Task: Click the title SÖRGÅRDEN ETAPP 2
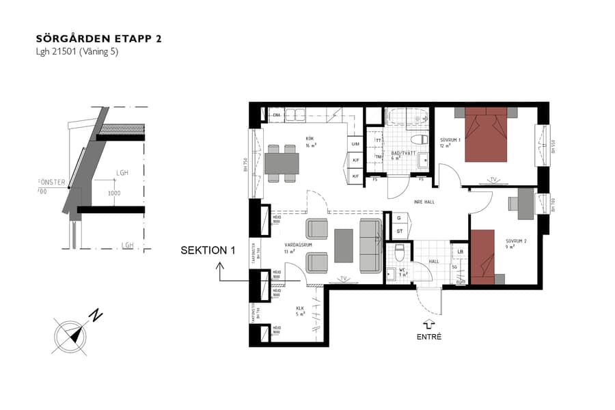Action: pos(98,38)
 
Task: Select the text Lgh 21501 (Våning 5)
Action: pos(77,52)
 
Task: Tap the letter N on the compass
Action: pos(97,316)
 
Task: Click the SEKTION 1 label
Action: pos(207,251)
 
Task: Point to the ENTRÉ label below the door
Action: pos(428,337)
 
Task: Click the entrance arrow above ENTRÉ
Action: pos(428,324)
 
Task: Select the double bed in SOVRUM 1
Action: pos(486,135)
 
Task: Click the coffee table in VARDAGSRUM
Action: pos(344,245)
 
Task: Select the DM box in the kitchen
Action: pos(277,115)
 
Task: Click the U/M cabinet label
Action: pos(355,144)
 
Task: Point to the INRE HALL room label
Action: pos(424,202)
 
